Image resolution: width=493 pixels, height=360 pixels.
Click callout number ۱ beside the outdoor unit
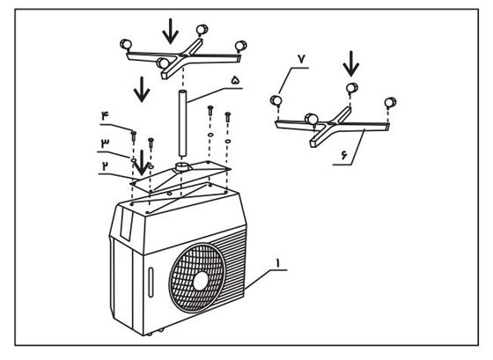277,263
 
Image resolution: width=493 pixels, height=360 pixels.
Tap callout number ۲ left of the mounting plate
105,165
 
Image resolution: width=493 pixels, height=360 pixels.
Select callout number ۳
105,143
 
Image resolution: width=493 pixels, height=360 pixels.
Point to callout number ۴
105,116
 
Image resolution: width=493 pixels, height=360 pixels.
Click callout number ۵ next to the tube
235,80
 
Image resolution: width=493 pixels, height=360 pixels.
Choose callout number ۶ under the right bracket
344,155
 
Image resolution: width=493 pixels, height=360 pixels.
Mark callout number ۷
301,59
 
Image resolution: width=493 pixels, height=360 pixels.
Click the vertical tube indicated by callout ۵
182,123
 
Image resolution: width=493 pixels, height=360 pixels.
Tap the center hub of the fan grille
201,281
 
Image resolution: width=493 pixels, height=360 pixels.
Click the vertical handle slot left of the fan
151,282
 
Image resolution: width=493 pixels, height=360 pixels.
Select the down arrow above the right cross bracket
351,64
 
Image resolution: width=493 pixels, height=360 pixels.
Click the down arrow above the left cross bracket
171,31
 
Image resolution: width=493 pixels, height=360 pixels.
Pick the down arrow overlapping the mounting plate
142,163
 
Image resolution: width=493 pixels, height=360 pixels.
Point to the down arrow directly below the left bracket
142,89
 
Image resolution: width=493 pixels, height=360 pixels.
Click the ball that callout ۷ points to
276,100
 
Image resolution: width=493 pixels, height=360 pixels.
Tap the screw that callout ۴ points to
134,136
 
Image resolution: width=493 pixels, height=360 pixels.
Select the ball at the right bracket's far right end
390,102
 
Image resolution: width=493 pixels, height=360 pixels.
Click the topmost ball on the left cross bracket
202,30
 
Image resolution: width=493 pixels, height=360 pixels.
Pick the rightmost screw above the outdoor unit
228,117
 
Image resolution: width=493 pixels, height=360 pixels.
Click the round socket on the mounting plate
181,165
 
